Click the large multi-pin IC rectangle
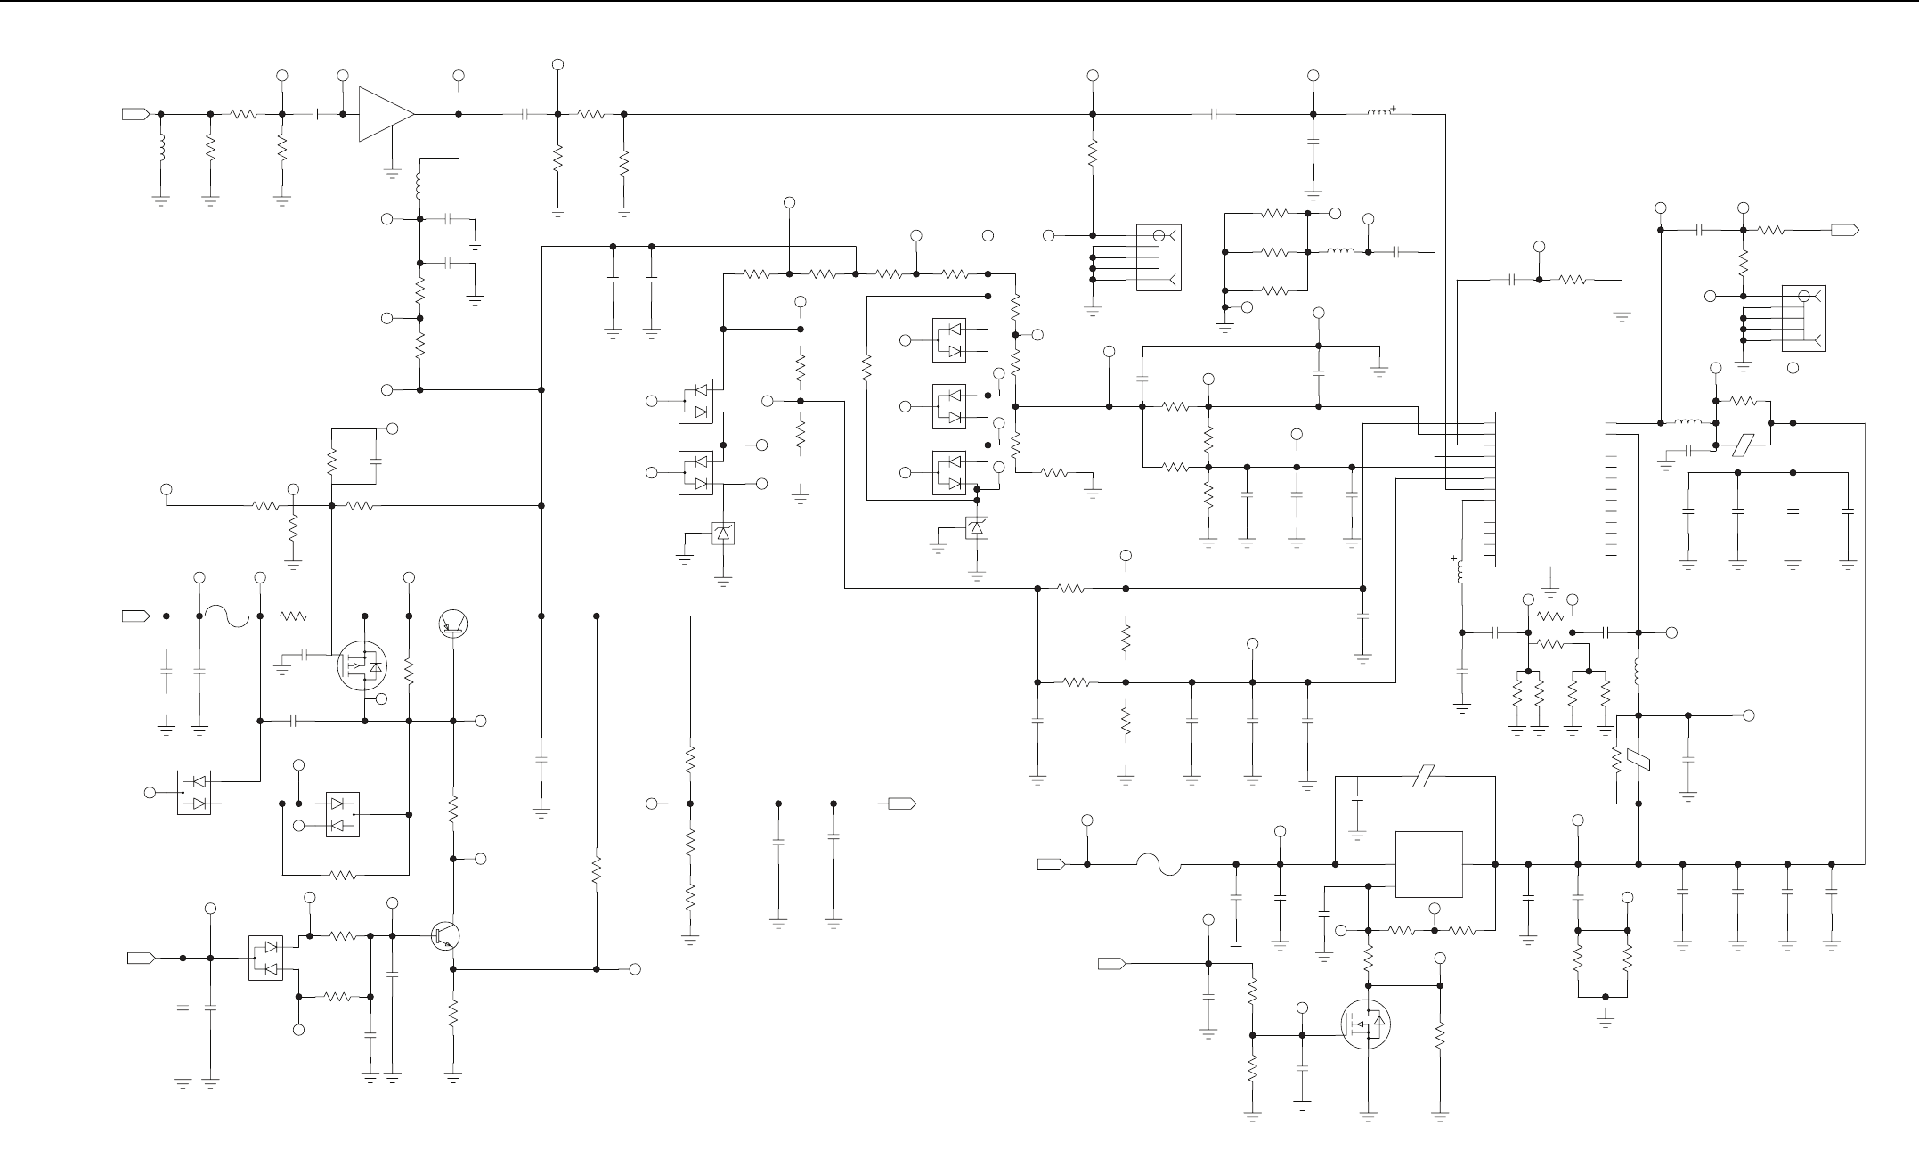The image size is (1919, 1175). [x=1549, y=489]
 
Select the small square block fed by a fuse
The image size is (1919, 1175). [x=1428, y=864]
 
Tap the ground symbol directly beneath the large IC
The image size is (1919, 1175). [x=1550, y=592]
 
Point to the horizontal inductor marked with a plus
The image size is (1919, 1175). [x=1379, y=113]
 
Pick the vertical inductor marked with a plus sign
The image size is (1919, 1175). [x=1461, y=573]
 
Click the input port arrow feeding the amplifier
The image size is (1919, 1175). [x=135, y=114]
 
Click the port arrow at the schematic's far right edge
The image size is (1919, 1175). [x=1844, y=230]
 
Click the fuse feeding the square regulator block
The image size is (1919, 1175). [x=1158, y=864]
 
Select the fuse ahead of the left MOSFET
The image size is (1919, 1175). [x=229, y=616]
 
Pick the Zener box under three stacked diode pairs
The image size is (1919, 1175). [x=978, y=528]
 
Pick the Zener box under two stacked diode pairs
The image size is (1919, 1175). [x=723, y=534]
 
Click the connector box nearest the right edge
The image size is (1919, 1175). [x=1803, y=318]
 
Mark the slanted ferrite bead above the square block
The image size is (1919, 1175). [x=1422, y=777]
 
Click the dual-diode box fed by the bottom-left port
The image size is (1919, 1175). [x=265, y=958]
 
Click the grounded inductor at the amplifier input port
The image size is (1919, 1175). [x=161, y=149]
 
